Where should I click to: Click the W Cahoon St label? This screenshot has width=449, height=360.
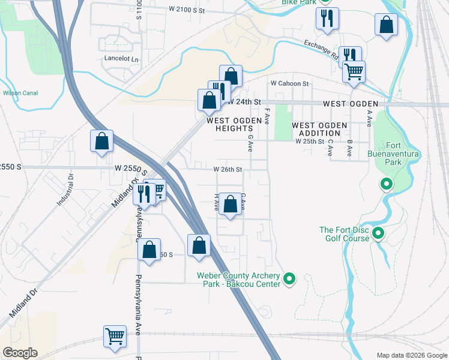(x=289, y=83)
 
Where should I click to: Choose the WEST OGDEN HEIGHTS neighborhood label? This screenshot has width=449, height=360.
(x=235, y=124)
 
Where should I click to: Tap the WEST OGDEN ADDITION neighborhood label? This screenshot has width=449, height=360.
(x=319, y=129)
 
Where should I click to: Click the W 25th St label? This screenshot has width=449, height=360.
(x=310, y=141)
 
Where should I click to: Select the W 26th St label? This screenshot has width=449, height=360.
(x=228, y=170)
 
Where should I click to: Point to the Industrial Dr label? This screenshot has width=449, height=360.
(x=65, y=191)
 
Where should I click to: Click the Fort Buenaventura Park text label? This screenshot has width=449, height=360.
(x=402, y=154)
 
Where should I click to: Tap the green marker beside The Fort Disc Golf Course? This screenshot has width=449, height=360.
(x=378, y=233)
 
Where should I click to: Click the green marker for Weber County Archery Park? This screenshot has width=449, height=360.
(x=289, y=278)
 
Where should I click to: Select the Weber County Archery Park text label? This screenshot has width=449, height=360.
(x=238, y=280)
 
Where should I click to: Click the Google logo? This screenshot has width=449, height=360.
(x=20, y=353)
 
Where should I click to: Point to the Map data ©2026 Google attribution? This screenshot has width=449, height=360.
(x=411, y=355)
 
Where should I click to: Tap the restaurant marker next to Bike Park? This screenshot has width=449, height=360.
(x=327, y=19)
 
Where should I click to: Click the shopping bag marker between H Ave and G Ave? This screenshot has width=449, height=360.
(x=230, y=204)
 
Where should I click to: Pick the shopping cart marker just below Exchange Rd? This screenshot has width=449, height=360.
(x=354, y=71)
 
